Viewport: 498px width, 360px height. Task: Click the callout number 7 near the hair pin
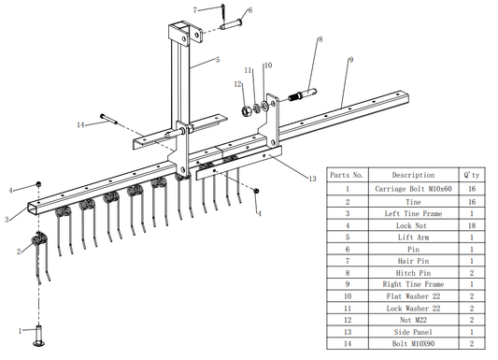click(195, 10)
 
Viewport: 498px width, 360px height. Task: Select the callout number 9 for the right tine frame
click(350, 60)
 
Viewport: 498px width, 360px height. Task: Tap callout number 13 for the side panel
click(312, 179)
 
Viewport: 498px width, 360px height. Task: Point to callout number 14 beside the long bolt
click(80, 125)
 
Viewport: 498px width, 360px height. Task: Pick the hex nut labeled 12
click(247, 111)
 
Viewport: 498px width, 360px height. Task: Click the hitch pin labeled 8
click(303, 94)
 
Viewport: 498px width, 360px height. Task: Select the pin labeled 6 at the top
click(231, 24)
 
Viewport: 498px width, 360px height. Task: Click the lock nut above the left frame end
click(38, 184)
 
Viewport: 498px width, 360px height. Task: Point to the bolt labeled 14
click(109, 119)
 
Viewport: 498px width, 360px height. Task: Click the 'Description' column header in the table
click(413, 175)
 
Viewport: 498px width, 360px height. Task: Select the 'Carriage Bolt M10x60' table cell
click(413, 189)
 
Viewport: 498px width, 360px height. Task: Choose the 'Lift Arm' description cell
click(413, 238)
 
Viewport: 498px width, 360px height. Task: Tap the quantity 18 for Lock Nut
click(472, 225)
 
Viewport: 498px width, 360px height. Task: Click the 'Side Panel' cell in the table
click(413, 332)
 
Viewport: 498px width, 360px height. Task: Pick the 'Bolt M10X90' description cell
click(413, 343)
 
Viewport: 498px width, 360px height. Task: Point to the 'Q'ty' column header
click(472, 175)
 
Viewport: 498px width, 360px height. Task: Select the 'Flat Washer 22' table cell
click(413, 296)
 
